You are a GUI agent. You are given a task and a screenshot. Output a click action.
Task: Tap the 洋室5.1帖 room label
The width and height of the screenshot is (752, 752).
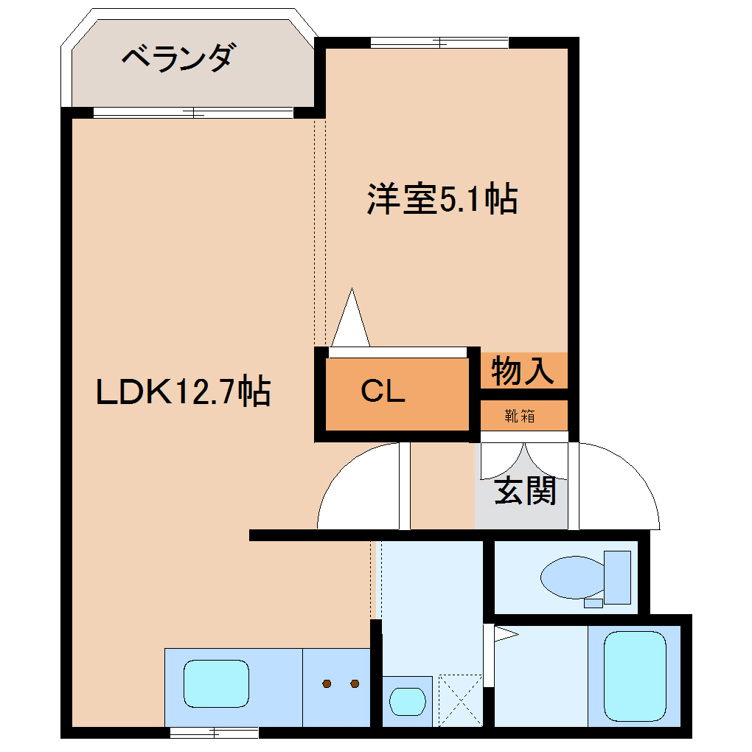[x=442, y=200]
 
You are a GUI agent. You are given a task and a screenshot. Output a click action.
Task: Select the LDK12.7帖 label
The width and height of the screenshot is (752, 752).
[x=184, y=392]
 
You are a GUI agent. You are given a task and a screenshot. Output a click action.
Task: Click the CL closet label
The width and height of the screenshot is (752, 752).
[x=383, y=392]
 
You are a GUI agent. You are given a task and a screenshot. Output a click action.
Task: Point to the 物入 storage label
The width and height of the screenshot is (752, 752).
[x=523, y=371]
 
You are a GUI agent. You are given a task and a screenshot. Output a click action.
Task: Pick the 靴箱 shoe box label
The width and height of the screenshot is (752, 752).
[x=520, y=416]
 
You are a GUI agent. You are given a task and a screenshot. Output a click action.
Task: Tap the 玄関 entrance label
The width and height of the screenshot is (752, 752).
[x=524, y=491]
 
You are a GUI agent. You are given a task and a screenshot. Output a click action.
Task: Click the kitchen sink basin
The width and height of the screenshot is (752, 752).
[x=216, y=684]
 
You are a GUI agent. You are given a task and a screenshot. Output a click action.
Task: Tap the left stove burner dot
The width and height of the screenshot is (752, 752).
[x=327, y=683]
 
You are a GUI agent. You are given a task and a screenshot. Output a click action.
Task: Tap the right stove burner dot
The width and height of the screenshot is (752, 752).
[x=355, y=683]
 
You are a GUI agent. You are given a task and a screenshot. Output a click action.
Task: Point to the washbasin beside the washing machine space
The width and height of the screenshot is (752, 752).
[x=407, y=701]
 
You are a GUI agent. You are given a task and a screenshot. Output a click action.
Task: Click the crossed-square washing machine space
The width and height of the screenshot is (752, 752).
[x=460, y=700]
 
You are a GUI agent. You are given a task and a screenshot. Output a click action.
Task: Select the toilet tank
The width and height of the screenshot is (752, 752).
[x=617, y=577]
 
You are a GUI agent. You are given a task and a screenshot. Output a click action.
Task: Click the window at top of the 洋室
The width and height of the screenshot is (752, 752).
[x=439, y=43]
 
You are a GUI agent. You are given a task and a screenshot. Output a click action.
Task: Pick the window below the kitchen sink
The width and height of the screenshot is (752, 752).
[x=214, y=732]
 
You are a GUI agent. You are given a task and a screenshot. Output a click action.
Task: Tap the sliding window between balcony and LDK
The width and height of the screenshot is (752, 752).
[x=193, y=113]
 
